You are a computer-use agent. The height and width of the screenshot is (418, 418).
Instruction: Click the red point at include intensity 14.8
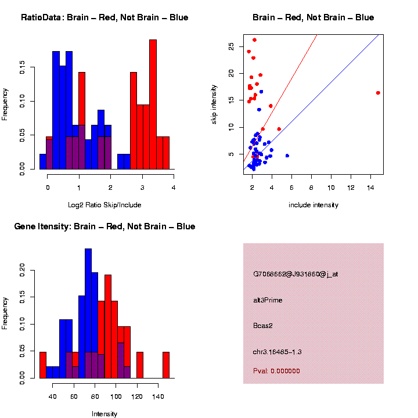pyautogui.click(x=378, y=93)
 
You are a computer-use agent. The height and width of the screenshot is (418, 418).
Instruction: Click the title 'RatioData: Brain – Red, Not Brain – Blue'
pyautogui.click(x=105, y=18)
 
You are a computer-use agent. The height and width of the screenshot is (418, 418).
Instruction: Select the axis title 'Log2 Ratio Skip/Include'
pyautogui.click(x=104, y=205)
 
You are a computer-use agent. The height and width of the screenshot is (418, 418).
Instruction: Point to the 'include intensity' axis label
pyautogui.click(x=313, y=205)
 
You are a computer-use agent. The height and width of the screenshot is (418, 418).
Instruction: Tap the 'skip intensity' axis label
pyautogui.click(x=214, y=103)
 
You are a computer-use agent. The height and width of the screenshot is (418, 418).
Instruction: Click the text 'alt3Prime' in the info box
pyautogui.click(x=268, y=300)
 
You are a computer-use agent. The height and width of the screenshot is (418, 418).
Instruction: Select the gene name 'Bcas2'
pyautogui.click(x=263, y=326)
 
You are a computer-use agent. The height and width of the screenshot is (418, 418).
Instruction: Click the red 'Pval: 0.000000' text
pyautogui.click(x=276, y=371)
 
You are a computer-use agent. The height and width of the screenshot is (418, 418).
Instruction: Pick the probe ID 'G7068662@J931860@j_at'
pyautogui.click(x=296, y=274)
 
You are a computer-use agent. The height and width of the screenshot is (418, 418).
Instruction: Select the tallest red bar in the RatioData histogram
pyautogui.click(x=153, y=105)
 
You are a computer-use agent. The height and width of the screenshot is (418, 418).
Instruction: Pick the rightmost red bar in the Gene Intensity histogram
pyautogui.click(x=166, y=365)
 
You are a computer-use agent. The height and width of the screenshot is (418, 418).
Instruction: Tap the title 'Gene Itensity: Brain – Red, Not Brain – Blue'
pyautogui.click(x=105, y=226)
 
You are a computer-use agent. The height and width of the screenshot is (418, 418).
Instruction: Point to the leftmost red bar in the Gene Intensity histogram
pyautogui.click(x=42, y=365)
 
